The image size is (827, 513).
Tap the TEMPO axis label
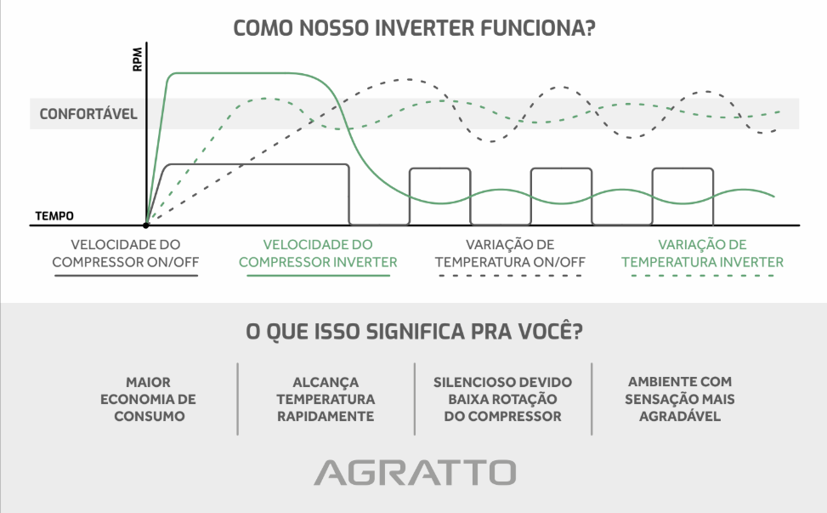[54, 216]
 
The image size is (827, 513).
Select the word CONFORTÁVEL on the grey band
[88, 114]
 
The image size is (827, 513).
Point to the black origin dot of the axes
[147, 225]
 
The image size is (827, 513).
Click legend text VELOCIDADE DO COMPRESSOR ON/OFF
[126, 254]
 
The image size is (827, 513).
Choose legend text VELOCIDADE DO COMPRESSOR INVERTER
[318, 254]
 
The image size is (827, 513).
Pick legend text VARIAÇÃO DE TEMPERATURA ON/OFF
[510, 254]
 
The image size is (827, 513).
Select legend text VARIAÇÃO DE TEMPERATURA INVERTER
[702, 254]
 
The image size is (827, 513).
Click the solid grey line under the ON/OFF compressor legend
[126, 278]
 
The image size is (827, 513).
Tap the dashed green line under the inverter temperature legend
[702, 278]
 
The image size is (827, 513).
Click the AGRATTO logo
[414, 472]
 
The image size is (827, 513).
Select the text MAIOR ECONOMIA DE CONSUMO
[148, 400]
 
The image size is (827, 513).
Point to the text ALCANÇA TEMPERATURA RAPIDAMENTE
[326, 400]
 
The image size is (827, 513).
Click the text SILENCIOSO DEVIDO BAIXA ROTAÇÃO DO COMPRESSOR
[502, 400]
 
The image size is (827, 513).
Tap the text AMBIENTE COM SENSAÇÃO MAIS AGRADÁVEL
[678, 400]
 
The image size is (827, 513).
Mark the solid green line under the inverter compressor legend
[318, 278]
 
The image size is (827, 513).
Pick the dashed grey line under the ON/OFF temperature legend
[510, 278]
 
